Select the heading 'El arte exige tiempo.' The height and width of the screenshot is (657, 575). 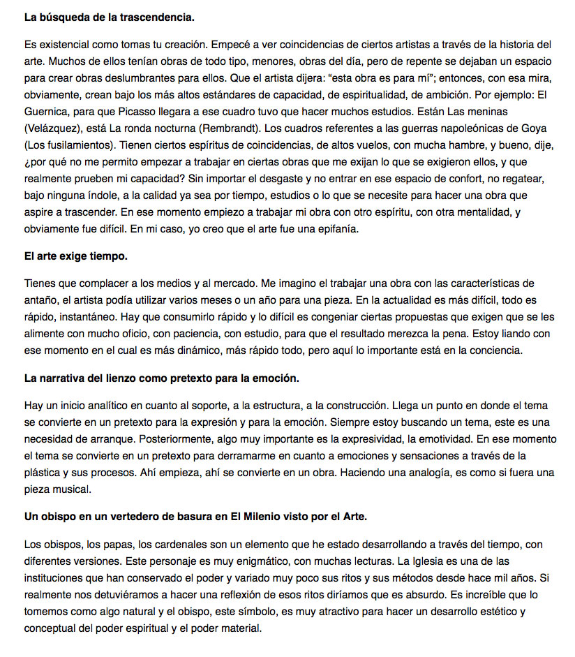click(x=76, y=256)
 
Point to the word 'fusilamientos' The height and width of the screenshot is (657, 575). click(x=70, y=146)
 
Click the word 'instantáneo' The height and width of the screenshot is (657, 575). click(x=91, y=316)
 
